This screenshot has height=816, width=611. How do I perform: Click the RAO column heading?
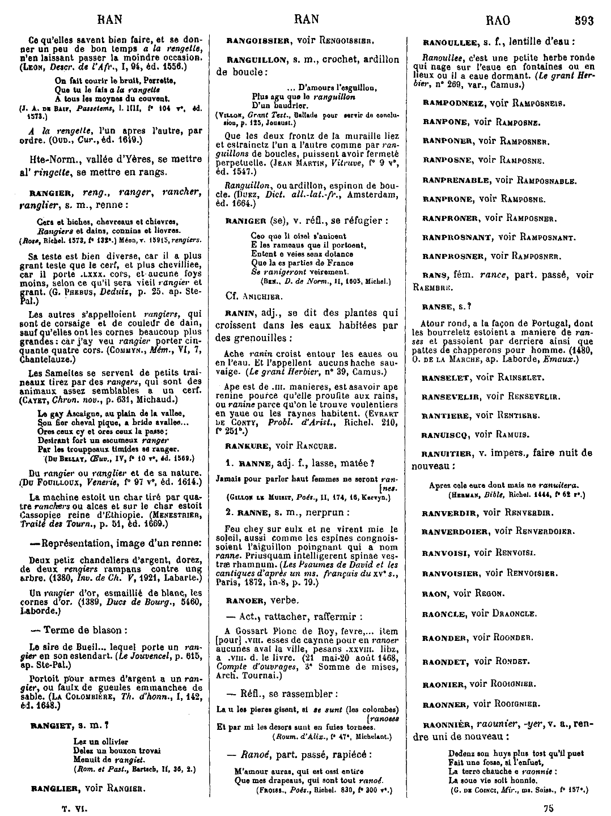coord(498,21)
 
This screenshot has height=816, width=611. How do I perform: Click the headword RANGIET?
coord(50,725)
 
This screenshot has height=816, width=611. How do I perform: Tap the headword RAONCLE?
coord(444,614)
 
